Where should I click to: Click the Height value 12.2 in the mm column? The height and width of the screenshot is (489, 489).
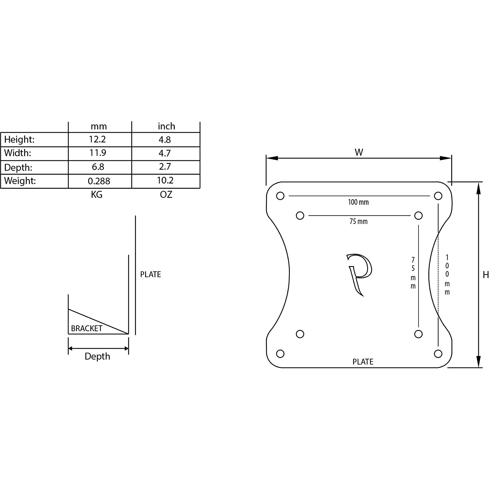coord(97,140)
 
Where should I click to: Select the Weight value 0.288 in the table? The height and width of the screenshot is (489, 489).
coord(99,181)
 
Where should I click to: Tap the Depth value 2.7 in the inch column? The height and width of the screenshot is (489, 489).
coord(165,167)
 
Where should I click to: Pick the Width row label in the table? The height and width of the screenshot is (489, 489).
coord(18,153)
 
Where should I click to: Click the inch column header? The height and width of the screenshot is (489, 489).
coord(166,126)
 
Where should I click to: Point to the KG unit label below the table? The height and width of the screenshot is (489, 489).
coord(96,195)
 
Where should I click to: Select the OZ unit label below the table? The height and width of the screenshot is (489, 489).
coord(166,195)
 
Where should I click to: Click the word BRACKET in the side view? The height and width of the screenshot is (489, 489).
coord(87,328)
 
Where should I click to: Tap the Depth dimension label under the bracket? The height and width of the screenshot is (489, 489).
coord(97,356)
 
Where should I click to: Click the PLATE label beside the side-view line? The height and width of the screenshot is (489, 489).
coord(151,274)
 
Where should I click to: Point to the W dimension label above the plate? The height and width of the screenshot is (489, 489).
coord(359,152)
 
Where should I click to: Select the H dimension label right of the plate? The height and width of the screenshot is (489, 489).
coord(486,275)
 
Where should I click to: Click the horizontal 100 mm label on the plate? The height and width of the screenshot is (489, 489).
coord(358,202)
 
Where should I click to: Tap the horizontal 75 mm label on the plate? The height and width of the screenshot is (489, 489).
coord(359,221)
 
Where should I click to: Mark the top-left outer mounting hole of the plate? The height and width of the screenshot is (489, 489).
coord(280,196)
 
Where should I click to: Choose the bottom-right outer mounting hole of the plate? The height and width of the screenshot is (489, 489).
coord(438,354)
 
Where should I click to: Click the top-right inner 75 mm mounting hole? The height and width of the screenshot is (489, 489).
coord(418,215)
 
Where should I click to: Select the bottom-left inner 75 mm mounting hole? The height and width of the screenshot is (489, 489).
coord(300,334)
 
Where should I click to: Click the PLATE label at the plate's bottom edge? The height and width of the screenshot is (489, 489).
coord(363,362)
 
